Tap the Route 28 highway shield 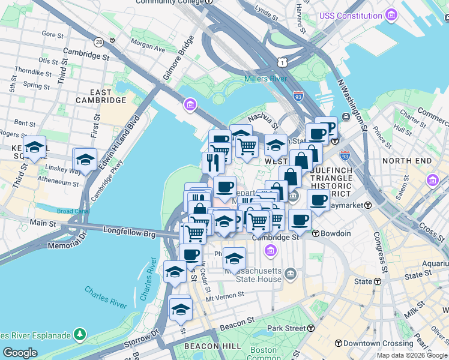tap(98, 41)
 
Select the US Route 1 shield tap(282, 62)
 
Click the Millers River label tap(265, 79)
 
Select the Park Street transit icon tap(311, 328)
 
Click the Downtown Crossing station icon tap(339, 343)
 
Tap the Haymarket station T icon tap(368, 205)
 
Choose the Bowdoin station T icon tap(316, 233)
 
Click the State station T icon tap(378, 281)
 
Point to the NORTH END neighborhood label tap(406, 161)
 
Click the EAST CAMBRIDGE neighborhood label tap(101, 96)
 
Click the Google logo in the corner tap(20, 352)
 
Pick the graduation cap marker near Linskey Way tap(85, 160)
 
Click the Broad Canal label tap(71, 211)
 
